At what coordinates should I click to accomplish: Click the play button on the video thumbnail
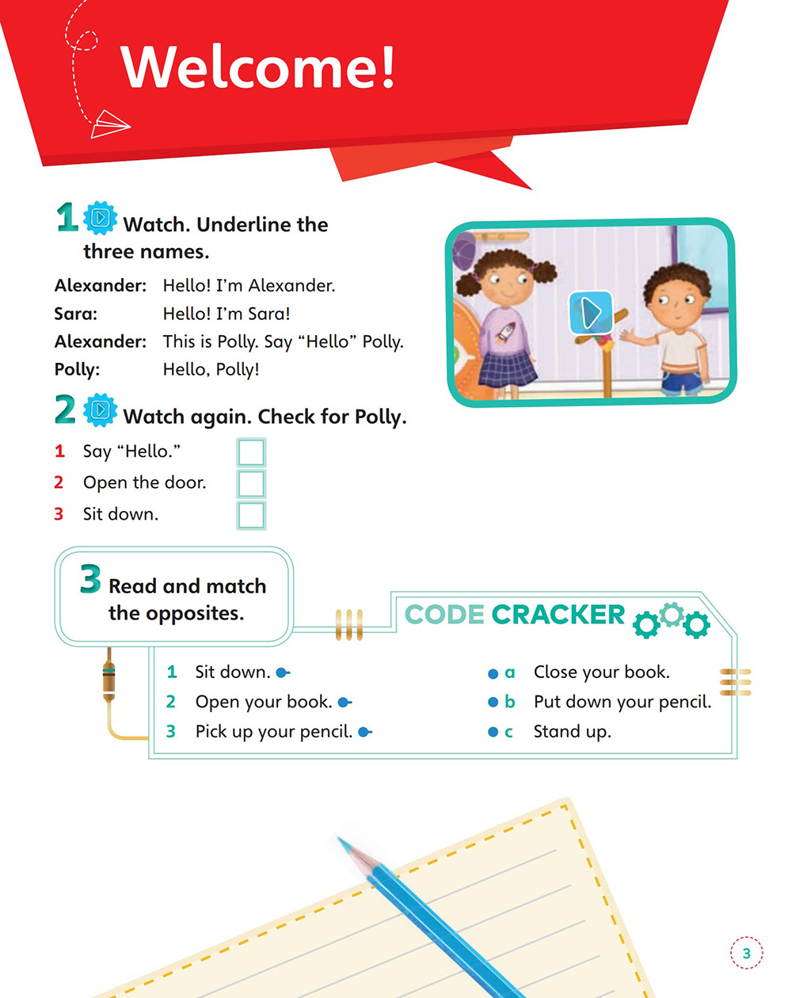pyautogui.click(x=590, y=313)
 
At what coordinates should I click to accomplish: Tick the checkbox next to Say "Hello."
pyautogui.click(x=251, y=452)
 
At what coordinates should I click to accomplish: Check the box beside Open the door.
pyautogui.click(x=251, y=483)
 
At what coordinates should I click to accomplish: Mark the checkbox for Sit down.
pyautogui.click(x=251, y=515)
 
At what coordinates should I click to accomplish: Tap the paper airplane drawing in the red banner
pyautogui.click(x=109, y=124)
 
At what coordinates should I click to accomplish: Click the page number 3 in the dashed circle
pyautogui.click(x=746, y=954)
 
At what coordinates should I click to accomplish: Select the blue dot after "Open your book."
pyautogui.click(x=343, y=703)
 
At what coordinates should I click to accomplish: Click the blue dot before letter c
pyautogui.click(x=493, y=733)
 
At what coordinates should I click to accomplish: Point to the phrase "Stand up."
pyautogui.click(x=572, y=732)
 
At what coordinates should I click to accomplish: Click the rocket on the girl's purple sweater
pyautogui.click(x=505, y=333)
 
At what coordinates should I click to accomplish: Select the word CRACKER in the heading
pyautogui.click(x=558, y=615)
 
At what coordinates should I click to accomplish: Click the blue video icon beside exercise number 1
pyautogui.click(x=101, y=218)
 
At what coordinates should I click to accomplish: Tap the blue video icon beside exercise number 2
pyautogui.click(x=101, y=410)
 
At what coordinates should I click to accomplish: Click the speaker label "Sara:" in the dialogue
pyautogui.click(x=76, y=314)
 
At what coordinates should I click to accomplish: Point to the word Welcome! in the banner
pyautogui.click(x=257, y=67)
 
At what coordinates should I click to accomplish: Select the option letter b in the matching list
pyautogui.click(x=510, y=703)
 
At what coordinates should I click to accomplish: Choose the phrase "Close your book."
pyautogui.click(x=601, y=672)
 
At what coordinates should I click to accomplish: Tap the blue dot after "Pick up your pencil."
pyautogui.click(x=364, y=733)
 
